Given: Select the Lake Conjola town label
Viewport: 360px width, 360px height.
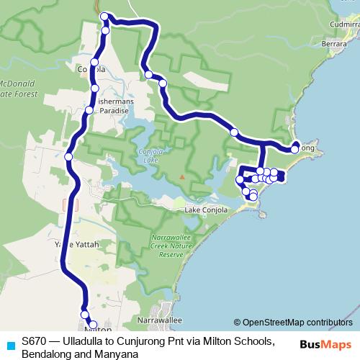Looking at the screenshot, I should tap(206, 210).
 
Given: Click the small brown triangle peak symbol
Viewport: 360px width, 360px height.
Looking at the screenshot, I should tap(182, 176).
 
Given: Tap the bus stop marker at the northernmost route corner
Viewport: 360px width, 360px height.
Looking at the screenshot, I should tap(104, 16).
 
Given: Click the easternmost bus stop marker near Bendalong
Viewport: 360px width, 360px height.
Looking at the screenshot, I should tap(294, 149).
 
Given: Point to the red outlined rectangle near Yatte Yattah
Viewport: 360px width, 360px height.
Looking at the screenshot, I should tap(70, 204).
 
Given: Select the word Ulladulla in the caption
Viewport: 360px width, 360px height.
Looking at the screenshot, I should tap(86, 341).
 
